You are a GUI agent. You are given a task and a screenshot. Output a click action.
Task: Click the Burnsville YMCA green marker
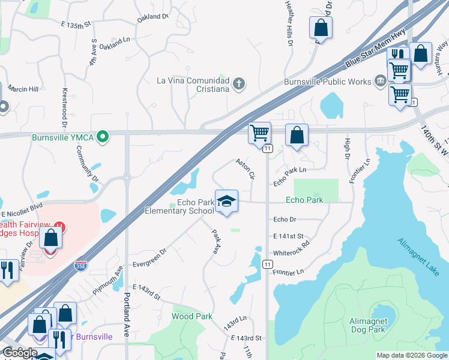(x=103, y=137)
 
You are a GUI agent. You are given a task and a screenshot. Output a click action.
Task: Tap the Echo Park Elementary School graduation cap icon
(x=226, y=202)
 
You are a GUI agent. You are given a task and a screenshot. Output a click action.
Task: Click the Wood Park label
(x=192, y=316)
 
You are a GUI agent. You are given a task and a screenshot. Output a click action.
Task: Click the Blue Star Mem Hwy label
(x=375, y=47)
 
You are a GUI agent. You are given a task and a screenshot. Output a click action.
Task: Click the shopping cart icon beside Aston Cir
(x=260, y=133)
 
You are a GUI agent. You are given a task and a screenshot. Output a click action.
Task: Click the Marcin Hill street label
(x=23, y=89)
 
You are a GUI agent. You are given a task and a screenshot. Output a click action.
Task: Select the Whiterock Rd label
(x=291, y=249)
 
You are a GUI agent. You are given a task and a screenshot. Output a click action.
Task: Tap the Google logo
(x=20, y=353)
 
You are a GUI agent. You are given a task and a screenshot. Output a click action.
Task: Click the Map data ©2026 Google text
(x=411, y=355)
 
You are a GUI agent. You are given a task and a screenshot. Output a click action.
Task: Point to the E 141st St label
(x=288, y=236)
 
